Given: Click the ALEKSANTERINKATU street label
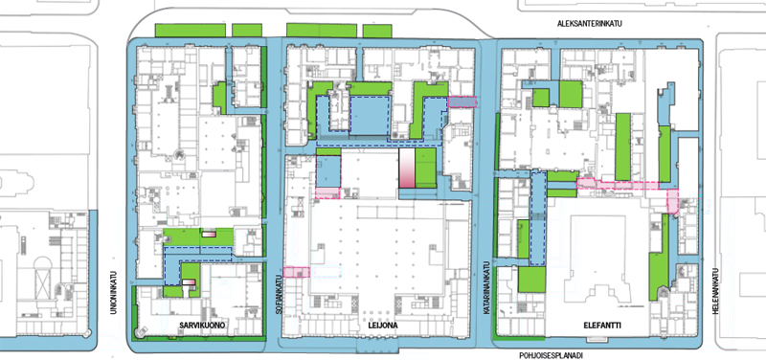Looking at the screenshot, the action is (x=590, y=23).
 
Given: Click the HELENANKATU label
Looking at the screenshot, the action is (x=715, y=292).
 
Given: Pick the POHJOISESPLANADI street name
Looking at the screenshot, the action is (x=552, y=355).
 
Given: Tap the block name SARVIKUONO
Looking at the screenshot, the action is (x=201, y=326).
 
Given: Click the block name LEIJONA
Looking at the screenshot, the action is (x=384, y=326).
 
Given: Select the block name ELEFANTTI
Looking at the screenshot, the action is (x=602, y=326).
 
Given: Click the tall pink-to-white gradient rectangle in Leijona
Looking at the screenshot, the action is (x=407, y=169).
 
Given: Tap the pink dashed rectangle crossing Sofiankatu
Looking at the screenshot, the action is (x=297, y=272).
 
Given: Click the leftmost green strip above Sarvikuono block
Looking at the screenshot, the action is (x=191, y=31).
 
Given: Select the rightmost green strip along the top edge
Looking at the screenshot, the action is (x=377, y=31).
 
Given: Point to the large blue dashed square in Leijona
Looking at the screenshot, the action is (x=371, y=116).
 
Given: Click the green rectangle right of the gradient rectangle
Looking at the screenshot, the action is (x=425, y=169).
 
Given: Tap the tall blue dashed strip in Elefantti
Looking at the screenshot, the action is (x=538, y=219).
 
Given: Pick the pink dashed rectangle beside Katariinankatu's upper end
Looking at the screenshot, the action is (x=462, y=101).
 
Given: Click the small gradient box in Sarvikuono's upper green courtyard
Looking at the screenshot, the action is (x=209, y=235).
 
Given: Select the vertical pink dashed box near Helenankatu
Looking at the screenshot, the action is (x=673, y=201).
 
